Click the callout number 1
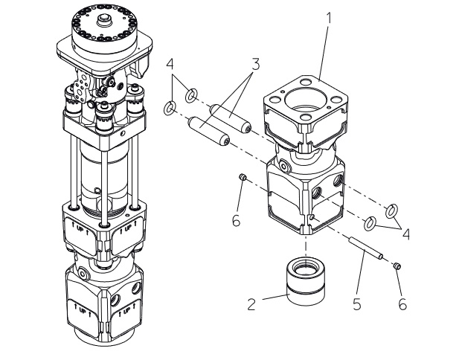coord(330,18)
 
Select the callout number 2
coord(251,304)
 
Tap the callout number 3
coord(256,65)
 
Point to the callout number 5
coord(357,304)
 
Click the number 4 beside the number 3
coord(170,64)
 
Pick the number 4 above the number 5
coord(406,234)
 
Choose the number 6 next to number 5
coord(402,304)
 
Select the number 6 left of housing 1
coord(236,220)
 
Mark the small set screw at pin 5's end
coord(397,266)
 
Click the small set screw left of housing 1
coord(243,176)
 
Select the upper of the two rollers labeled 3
coord(230,118)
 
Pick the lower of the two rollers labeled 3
coord(209,130)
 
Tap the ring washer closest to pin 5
coord(370,224)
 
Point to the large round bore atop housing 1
coord(304,100)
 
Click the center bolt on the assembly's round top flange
coord(105,21)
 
